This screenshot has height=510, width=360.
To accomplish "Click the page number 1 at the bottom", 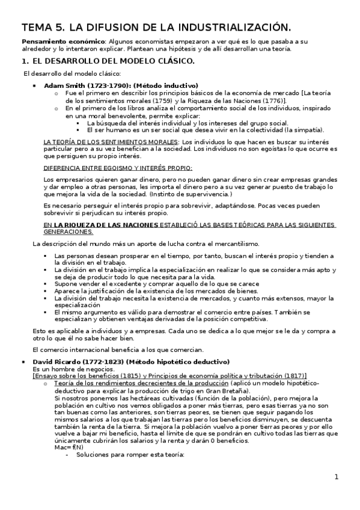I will click(337, 478).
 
